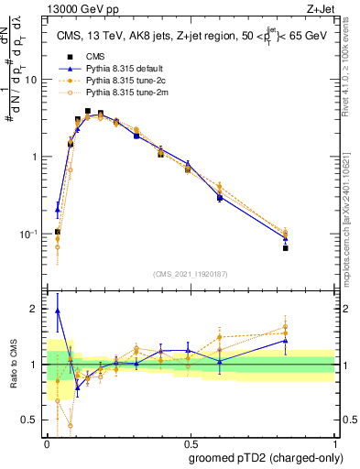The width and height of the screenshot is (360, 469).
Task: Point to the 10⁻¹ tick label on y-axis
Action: tap(27, 234)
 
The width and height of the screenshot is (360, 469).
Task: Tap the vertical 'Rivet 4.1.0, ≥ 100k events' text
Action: tap(352, 82)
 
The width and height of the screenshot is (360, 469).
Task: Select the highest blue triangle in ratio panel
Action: tap(57, 311)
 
